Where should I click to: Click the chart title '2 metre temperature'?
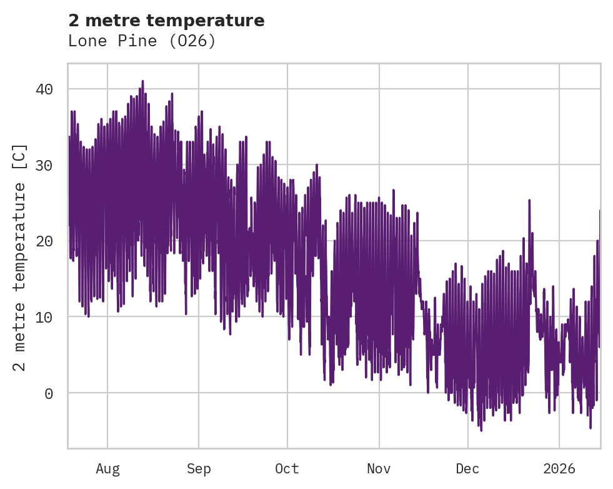pos(166,21)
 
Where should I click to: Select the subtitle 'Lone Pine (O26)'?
pos(142,41)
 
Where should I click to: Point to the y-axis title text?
pos(20,257)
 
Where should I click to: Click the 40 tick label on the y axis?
pos(44,89)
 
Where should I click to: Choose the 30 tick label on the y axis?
pos(44,165)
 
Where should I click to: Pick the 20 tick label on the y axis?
pos(44,241)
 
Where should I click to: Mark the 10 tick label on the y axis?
pos(44,317)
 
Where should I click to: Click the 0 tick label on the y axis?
pos(48,393)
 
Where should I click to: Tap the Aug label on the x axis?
pos(107,469)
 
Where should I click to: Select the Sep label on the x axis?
pos(199,469)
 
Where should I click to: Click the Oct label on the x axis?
pos(287,469)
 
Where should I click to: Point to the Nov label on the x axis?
pos(379,469)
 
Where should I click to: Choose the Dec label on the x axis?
pos(468,469)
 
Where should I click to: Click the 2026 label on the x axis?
pos(559,469)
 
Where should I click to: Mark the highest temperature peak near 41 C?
pos(142,81)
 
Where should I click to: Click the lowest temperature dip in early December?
pos(481,430)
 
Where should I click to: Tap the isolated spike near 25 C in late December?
pos(529,200)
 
